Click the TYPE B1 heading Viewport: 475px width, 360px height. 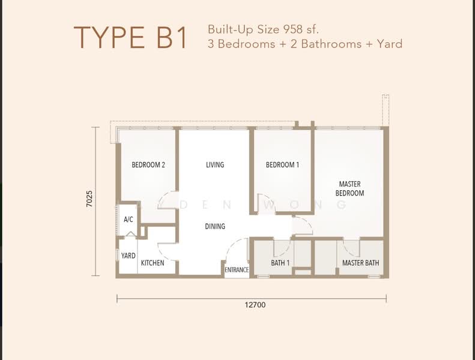tap(130, 38)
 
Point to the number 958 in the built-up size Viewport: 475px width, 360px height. tap(293, 29)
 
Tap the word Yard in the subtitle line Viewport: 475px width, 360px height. tap(390, 44)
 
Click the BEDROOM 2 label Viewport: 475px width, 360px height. tap(148, 165)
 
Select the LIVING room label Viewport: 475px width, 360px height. tap(215, 165)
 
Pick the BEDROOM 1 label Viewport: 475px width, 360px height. tap(282, 165)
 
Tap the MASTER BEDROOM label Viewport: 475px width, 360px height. tap(349, 188)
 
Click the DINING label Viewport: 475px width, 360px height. tap(215, 226)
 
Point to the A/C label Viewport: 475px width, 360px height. tap(128, 219)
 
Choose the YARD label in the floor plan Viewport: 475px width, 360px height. tap(128, 256)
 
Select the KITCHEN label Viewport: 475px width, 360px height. tap(153, 263)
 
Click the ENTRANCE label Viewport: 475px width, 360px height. tap(237, 270)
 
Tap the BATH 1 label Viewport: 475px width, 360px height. tap(280, 263)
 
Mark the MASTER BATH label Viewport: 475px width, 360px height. tap(360, 263)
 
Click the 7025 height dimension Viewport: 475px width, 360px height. tap(89, 199)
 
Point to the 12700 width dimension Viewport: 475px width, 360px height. tap(255, 305)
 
